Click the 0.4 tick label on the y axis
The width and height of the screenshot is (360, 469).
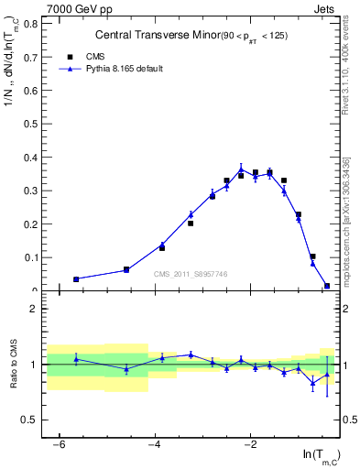[32, 158]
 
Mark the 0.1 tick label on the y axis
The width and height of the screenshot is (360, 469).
[32, 257]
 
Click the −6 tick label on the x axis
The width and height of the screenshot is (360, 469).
[58, 444]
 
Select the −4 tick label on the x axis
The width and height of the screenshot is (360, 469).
[154, 444]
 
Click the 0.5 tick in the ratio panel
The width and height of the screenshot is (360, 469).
[32, 420]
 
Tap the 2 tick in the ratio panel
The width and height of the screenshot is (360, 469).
[35, 309]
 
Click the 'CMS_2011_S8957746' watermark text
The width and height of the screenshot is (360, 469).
[191, 274]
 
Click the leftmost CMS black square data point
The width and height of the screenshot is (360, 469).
[76, 278]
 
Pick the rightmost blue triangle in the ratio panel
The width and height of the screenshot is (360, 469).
[327, 374]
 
